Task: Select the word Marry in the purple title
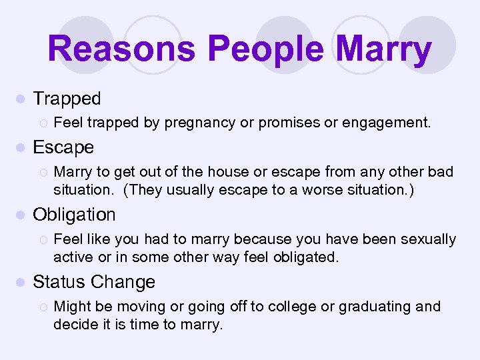(385, 50)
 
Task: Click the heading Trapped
(67, 99)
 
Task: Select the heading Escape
(63, 147)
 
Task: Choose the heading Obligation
(74, 215)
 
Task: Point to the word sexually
(427, 239)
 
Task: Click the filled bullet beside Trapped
(20, 99)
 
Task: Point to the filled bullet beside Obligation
(20, 215)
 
